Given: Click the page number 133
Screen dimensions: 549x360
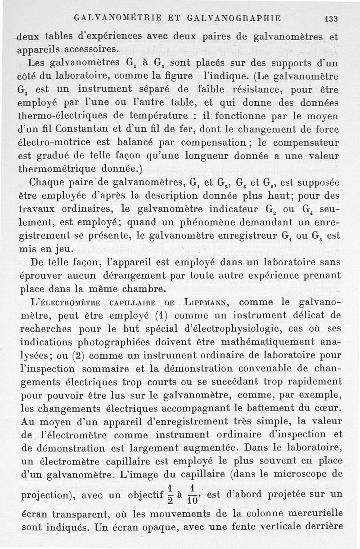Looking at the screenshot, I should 331,18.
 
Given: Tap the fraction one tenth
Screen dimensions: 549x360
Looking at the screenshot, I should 192,494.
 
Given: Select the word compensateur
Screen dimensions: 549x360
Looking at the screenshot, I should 303,143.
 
